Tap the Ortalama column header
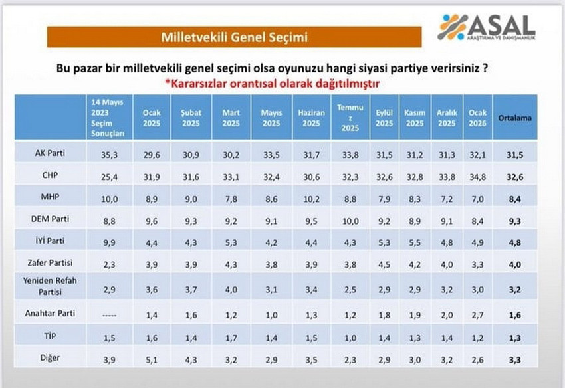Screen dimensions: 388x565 point(510,118)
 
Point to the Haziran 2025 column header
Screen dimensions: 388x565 point(311,118)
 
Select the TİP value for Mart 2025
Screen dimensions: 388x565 point(231,338)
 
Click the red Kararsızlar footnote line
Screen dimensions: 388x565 point(279,84)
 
